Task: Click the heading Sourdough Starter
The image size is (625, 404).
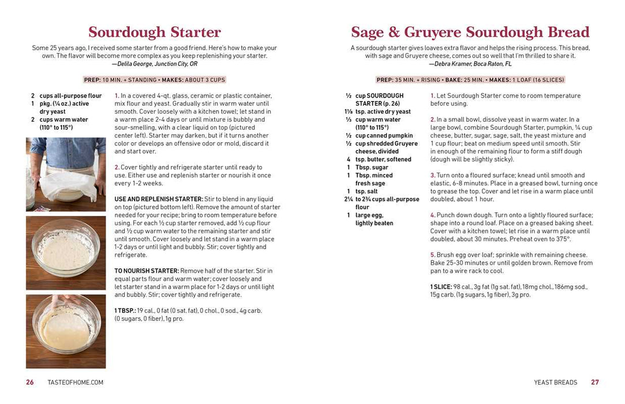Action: coord(154,32)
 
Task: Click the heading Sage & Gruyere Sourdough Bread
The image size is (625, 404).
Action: coord(470,32)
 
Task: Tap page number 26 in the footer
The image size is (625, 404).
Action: coord(30,382)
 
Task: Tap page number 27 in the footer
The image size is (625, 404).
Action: coord(594,382)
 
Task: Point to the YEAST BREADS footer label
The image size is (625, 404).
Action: coord(555,382)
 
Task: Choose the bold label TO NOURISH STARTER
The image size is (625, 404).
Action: coord(147,271)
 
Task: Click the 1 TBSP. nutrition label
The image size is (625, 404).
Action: coord(126,311)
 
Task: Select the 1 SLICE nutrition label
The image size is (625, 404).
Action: coord(441,287)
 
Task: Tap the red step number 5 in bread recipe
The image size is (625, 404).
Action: coord(433,255)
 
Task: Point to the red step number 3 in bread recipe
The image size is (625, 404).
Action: coord(433,175)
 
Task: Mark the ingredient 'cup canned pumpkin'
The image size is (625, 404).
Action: coord(384,136)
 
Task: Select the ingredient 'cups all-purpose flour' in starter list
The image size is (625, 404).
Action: coord(70,96)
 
